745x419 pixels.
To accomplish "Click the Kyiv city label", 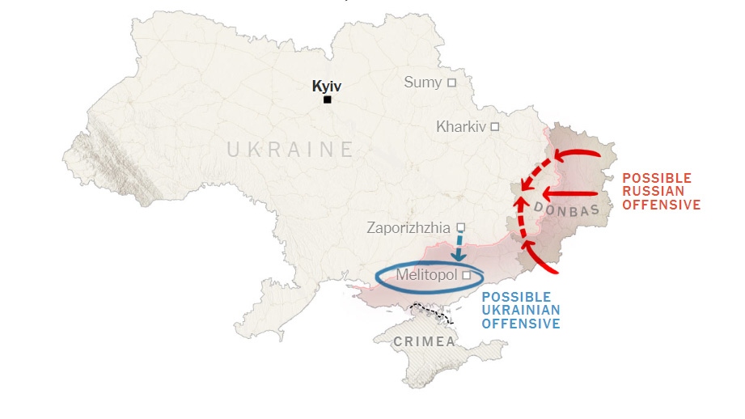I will click(x=327, y=85).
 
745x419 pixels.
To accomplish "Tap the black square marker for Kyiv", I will click(x=328, y=99).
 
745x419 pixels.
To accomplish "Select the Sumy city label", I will click(x=423, y=82).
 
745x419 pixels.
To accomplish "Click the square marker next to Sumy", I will click(x=451, y=83).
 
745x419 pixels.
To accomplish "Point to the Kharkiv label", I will click(x=461, y=126).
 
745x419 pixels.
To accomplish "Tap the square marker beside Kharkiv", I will click(x=494, y=127).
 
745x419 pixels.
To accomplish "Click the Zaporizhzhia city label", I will click(x=408, y=227).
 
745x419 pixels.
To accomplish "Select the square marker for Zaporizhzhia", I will click(x=461, y=227).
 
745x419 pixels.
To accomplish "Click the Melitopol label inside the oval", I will click(x=426, y=275).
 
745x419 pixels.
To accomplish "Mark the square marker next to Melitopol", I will click(x=467, y=276).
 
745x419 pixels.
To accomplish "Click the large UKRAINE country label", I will click(x=290, y=150).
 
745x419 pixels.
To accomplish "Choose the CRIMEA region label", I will click(x=424, y=342).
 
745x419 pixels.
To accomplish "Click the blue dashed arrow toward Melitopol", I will click(x=459, y=248).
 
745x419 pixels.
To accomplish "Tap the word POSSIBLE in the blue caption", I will click(x=516, y=297).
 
